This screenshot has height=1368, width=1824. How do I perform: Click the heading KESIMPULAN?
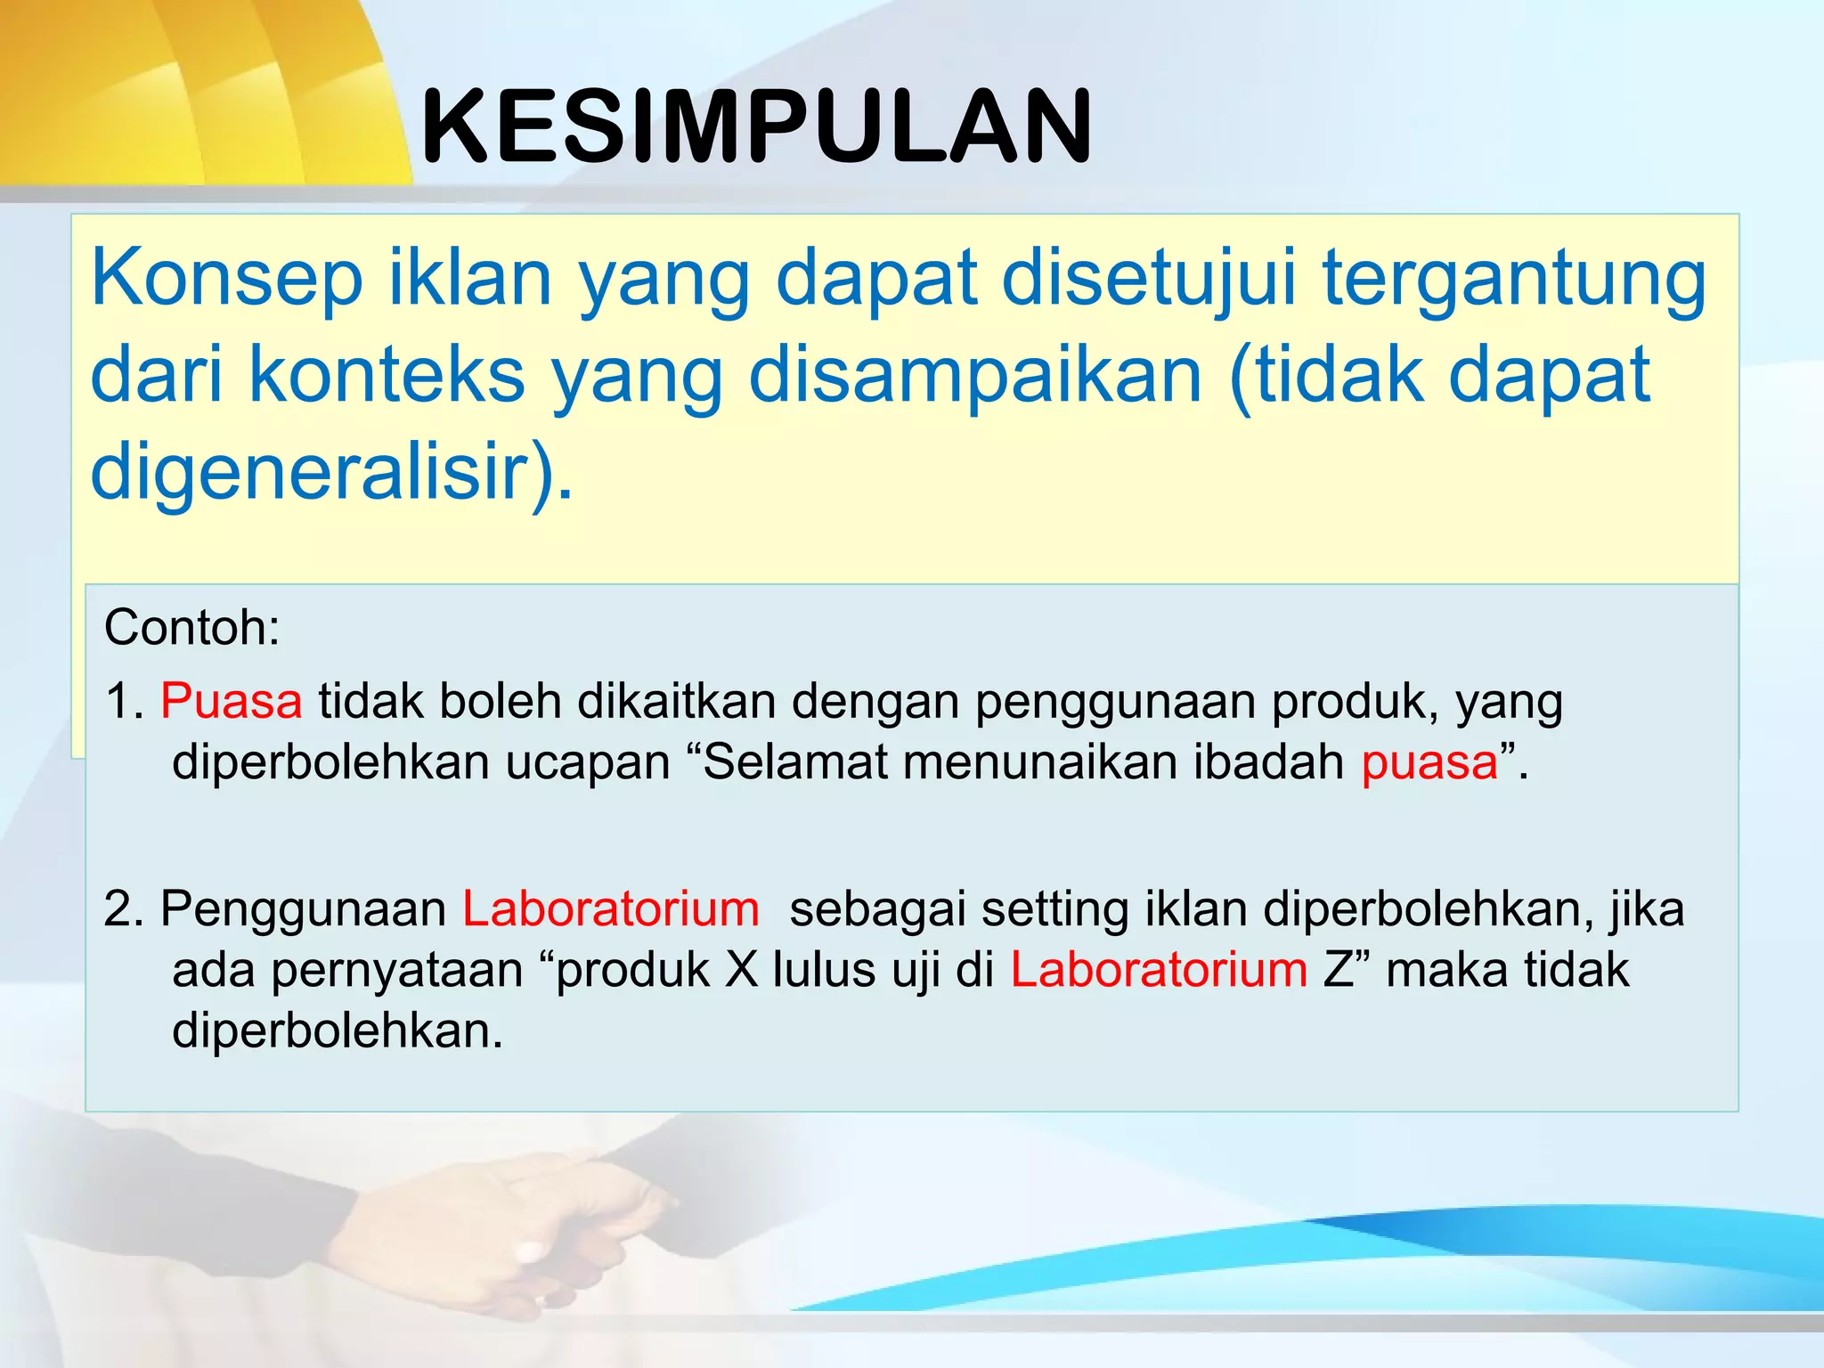[756, 127]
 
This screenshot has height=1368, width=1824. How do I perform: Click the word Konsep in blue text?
[226, 279]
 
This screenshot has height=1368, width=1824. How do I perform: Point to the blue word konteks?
[387, 375]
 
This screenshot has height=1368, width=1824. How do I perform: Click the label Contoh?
[192, 627]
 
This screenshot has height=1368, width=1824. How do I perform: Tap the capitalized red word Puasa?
[232, 701]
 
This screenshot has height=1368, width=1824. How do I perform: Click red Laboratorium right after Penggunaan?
[611, 909]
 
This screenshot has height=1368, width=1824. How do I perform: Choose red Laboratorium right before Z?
[1159, 970]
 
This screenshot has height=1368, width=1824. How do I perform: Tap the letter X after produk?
[741, 970]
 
